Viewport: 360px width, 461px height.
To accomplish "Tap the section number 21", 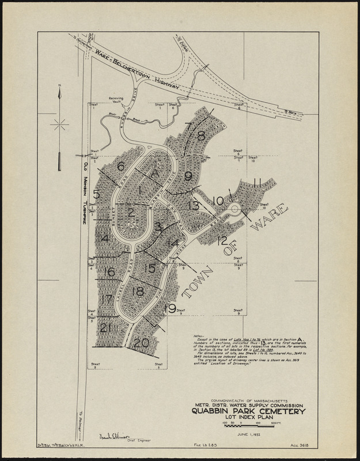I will [x=105, y=328].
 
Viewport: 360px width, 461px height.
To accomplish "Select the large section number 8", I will [x=200, y=136].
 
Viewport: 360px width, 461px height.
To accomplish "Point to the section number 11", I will [x=257, y=183].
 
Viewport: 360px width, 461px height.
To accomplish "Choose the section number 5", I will [x=96, y=194].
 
